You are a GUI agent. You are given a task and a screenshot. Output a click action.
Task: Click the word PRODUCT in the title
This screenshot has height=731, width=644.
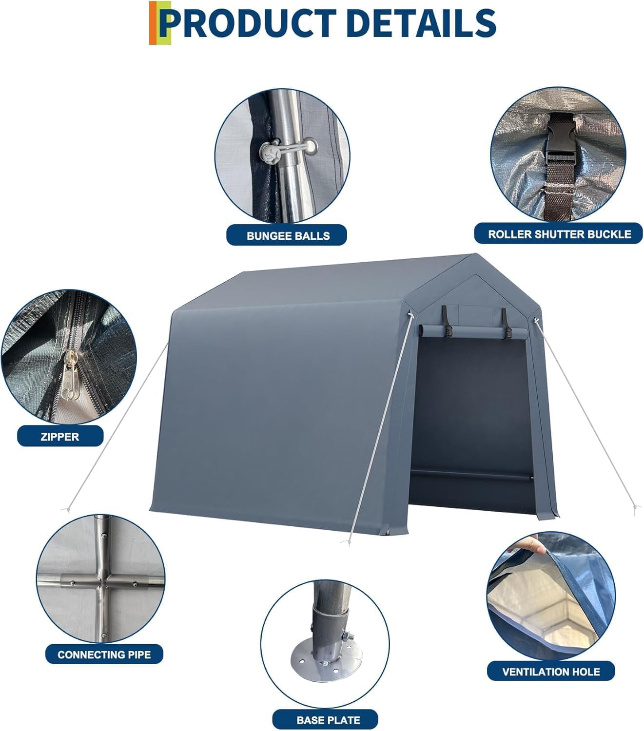(249, 23)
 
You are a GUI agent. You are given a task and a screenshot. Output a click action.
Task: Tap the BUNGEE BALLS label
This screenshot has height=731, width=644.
(288, 235)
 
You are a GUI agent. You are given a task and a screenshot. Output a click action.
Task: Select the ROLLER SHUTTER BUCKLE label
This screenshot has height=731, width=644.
(559, 234)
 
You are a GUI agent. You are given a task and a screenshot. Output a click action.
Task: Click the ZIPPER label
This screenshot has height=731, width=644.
(60, 436)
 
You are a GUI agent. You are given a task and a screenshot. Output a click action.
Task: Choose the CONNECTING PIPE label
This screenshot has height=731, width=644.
(104, 654)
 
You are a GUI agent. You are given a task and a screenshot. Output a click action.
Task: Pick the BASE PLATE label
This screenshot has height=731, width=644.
(328, 719)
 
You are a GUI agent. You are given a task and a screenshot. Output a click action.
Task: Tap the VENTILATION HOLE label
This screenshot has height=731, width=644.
(551, 672)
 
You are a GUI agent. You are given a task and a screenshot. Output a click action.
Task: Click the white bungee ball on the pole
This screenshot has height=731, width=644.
(270, 153)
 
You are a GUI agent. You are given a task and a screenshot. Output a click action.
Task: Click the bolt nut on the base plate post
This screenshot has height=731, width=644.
(349, 636)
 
